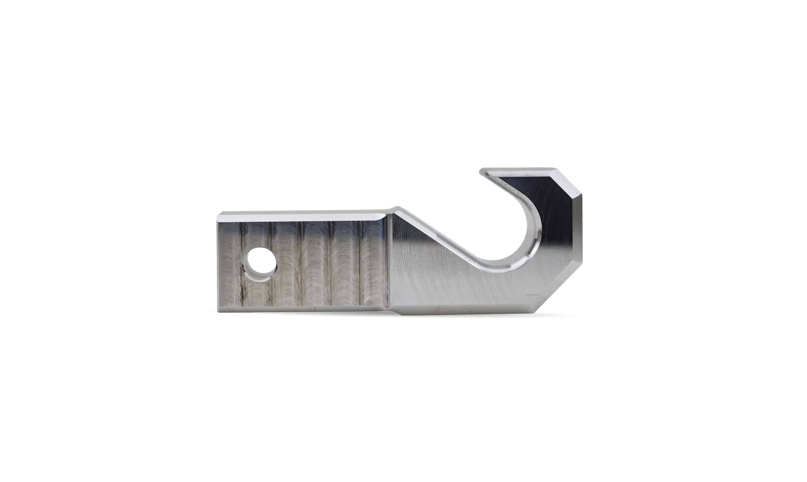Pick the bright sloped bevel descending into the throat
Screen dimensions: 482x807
(437, 235)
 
